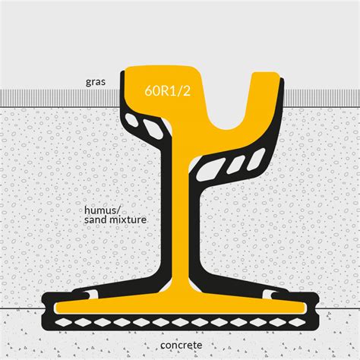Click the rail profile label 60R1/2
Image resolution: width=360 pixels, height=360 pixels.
click(167, 90)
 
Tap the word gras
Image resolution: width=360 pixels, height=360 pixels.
click(96, 82)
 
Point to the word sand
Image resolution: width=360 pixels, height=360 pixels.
click(95, 219)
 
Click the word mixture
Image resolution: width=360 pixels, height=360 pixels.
click(128, 219)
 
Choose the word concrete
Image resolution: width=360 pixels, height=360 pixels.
click(182, 345)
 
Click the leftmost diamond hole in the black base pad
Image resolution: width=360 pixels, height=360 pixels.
click(64, 322)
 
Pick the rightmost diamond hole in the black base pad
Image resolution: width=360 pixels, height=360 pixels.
click(297, 322)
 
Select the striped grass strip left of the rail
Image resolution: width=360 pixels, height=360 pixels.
click(60, 98)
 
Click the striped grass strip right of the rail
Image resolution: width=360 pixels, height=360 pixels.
click(322, 98)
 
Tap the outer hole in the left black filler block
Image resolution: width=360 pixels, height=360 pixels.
click(131, 120)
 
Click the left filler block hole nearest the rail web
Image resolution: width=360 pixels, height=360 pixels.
click(153, 128)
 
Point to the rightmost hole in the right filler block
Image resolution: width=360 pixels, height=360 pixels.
click(256, 159)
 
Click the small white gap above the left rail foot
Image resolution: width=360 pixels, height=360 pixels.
click(92, 295)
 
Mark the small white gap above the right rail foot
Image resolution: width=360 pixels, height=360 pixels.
click(268, 295)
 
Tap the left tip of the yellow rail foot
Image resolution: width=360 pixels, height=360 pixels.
click(55, 308)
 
